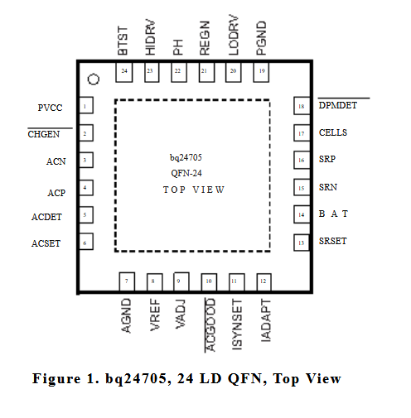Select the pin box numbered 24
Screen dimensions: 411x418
pyautogui.click(x=124, y=72)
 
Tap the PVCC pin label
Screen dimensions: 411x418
pyautogui.click(x=50, y=108)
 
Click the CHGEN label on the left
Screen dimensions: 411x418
pyautogui.click(x=44, y=134)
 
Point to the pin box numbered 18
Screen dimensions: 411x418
pyautogui.click(x=302, y=106)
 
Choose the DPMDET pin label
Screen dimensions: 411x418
pyautogui.click(x=338, y=105)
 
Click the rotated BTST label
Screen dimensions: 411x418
pyautogui.click(x=123, y=41)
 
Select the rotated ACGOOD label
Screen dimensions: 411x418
pyautogui.click(x=210, y=324)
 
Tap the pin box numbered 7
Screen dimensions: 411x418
pyautogui.click(x=127, y=281)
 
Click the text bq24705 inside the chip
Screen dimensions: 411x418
pyautogui.click(x=186, y=157)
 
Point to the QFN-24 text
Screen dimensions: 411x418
pyautogui.click(x=186, y=173)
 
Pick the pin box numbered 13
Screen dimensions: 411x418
pyautogui.click(x=302, y=243)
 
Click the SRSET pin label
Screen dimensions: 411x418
pyautogui.click(x=332, y=241)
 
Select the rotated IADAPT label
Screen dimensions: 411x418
pyautogui.click(x=266, y=320)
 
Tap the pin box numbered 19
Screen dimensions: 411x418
pyautogui.click(x=261, y=72)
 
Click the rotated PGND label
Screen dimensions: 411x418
pyautogui.click(x=261, y=38)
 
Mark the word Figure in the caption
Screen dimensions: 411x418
pyautogui.click(x=56, y=378)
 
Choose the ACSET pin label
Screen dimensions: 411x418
pyautogui.click(x=46, y=243)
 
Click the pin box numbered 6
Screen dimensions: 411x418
pyautogui.click(x=86, y=242)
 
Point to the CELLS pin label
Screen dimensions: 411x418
pyautogui.click(x=333, y=132)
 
